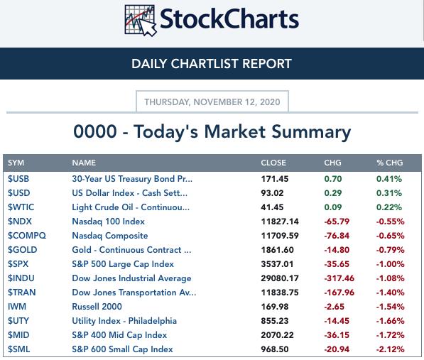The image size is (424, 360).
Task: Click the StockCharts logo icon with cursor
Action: pos(141,21)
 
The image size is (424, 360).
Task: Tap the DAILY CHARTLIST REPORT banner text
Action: pos(212,64)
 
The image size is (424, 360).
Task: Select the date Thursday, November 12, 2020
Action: pos(212,102)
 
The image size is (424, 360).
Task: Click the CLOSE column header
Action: pos(273,163)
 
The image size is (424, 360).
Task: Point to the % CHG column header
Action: pos(390,163)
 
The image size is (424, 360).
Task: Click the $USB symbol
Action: pos(18,179)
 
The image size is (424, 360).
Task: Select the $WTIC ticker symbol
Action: pos(21,207)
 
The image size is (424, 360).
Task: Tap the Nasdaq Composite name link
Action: pos(110,236)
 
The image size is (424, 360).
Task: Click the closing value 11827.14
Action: pos(280,222)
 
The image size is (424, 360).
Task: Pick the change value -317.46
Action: pos(339,278)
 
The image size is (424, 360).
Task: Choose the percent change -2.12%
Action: pos(390,349)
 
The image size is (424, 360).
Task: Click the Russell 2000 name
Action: pos(97,307)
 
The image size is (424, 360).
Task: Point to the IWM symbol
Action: pos(17,307)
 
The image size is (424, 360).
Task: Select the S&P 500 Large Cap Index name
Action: pos(123,264)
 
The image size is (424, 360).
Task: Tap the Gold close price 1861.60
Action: pos(277,250)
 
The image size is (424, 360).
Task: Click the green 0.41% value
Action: pos(389,179)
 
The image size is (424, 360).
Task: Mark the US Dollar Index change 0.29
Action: pos(333,193)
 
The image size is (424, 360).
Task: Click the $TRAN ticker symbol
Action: pos(21,293)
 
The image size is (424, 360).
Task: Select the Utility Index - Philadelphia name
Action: pos(124,321)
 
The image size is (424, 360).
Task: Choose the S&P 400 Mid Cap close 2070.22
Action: pos(277,335)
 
